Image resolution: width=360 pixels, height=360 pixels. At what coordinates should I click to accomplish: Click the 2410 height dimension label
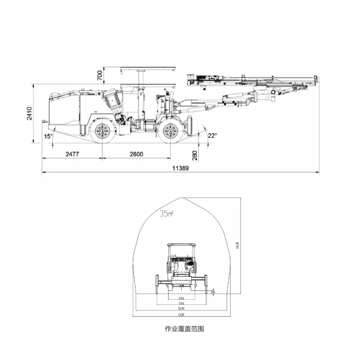pyautogui.click(x=30, y=114)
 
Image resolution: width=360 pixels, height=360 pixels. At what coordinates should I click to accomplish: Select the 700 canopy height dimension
pyautogui.click(x=100, y=74)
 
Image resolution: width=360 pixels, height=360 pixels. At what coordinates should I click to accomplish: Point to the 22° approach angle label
pyautogui.click(x=211, y=136)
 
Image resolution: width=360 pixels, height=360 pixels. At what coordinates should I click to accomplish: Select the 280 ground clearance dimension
pyautogui.click(x=195, y=154)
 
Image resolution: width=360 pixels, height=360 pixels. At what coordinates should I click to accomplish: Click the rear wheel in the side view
pyautogui.click(x=102, y=132)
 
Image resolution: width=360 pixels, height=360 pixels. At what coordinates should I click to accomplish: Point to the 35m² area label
pyautogui.click(x=166, y=214)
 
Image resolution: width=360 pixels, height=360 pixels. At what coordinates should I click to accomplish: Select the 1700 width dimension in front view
pyautogui.click(x=181, y=298)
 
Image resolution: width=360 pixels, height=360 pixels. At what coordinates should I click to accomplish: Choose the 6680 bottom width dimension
pyautogui.click(x=181, y=314)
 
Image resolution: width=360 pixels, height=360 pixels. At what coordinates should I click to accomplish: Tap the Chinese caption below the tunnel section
pyautogui.click(x=181, y=328)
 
